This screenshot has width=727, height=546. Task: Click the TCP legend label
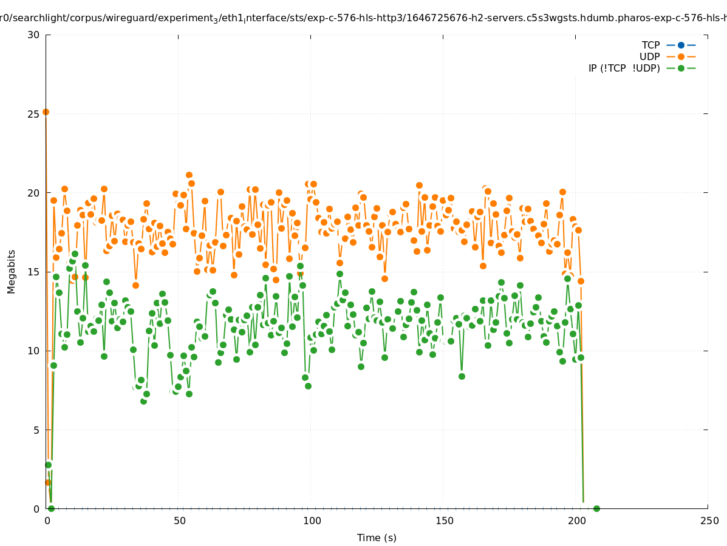(x=650, y=45)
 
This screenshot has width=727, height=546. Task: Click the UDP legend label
(x=649, y=56)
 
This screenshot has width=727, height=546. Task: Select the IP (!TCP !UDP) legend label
(x=624, y=68)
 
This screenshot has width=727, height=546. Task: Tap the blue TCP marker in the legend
(x=681, y=45)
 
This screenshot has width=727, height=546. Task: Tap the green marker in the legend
(x=681, y=68)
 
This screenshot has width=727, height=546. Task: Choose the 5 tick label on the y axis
(x=36, y=430)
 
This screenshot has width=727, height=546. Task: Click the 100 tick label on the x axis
(x=312, y=521)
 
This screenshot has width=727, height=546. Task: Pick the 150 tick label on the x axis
(x=444, y=521)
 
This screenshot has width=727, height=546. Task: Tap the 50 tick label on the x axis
(x=179, y=521)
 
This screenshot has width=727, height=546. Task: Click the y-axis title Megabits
(x=12, y=271)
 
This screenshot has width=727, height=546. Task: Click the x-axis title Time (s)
(x=377, y=538)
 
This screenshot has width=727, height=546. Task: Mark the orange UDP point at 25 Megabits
(x=46, y=112)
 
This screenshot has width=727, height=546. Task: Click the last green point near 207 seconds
(x=596, y=508)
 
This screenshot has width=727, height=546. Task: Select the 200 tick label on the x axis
(x=576, y=521)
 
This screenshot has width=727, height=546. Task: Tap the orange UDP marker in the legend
(x=681, y=56)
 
